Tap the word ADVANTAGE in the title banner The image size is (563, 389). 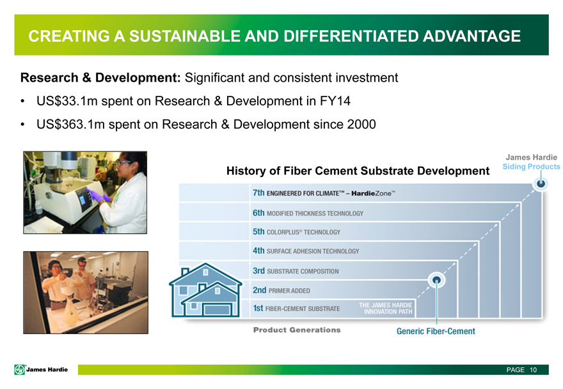click(x=472, y=36)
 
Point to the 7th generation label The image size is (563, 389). click(x=324, y=193)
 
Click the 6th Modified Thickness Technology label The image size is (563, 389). click(x=308, y=213)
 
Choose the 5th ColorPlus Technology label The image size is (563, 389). click(x=296, y=232)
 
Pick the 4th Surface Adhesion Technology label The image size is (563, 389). click(x=306, y=250)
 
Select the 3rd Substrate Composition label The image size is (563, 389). click(x=296, y=271)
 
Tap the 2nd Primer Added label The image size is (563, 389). click(x=281, y=290)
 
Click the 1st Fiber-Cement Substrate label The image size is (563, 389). click(x=296, y=308)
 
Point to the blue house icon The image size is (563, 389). click(x=206, y=290)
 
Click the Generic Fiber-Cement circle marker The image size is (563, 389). click(x=436, y=280)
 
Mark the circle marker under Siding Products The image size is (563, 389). click(x=541, y=184)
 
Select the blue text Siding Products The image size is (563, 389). click(x=531, y=166)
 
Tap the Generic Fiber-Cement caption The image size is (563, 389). click(x=436, y=331)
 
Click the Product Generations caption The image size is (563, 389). click(x=297, y=330)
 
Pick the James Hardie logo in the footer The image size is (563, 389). click(x=41, y=369)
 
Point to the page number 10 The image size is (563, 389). click(x=533, y=370)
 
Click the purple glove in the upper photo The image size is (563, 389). click(x=96, y=195)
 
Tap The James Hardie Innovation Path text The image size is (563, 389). click(x=386, y=309)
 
